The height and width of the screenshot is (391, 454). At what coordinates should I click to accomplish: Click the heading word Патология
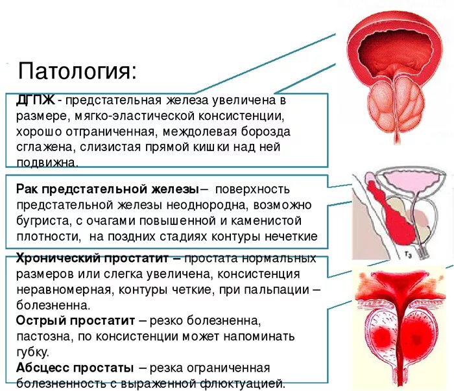tap(77, 69)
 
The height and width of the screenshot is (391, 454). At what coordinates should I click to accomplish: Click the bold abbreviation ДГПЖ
tap(36, 101)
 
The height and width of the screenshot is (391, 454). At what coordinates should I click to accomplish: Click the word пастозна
tap(43, 337)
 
